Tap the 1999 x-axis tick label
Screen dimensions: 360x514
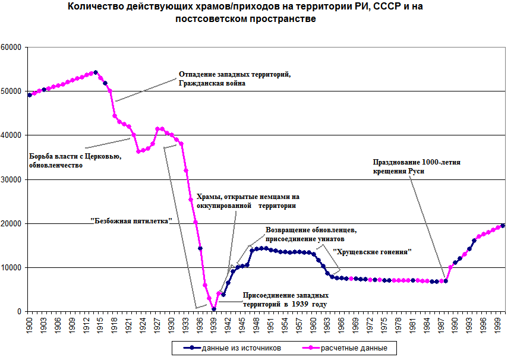point(497,324)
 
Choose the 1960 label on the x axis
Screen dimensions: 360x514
point(313,324)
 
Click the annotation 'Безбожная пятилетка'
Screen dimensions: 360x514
point(131,220)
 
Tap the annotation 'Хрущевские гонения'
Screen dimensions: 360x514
point(373,252)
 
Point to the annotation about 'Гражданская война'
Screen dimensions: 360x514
point(234,79)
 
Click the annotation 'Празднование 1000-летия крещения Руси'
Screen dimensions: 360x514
point(417,166)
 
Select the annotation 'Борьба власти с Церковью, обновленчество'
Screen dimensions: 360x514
point(75,160)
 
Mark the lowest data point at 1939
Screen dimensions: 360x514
point(214,309)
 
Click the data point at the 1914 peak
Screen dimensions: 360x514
point(96,72)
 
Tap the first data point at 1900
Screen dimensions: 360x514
point(30,95)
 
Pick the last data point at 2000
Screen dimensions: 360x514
point(503,226)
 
